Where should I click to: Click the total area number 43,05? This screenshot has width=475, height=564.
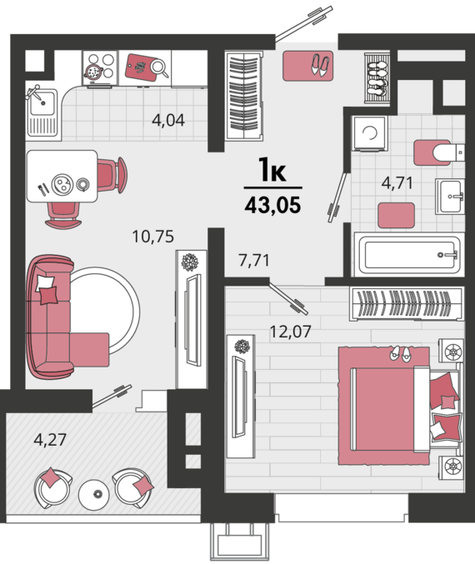(x=272, y=206)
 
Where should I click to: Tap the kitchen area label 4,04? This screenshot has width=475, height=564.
(x=168, y=120)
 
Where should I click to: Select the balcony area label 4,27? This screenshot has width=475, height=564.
(x=50, y=440)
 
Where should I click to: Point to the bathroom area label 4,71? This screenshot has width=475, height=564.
(x=397, y=182)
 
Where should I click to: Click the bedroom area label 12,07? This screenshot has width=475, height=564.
(x=290, y=332)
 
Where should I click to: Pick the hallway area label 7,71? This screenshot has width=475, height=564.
(x=254, y=260)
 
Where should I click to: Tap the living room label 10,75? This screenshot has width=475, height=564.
(x=153, y=237)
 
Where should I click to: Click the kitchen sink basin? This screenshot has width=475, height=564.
(x=42, y=102)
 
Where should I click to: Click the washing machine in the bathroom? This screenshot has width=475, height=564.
(x=370, y=133)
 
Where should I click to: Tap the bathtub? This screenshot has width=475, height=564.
(x=409, y=255)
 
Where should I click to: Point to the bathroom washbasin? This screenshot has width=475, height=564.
(x=450, y=196)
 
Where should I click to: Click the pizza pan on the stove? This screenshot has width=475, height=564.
(x=93, y=72)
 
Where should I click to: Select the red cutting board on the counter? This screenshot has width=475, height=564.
(x=141, y=67)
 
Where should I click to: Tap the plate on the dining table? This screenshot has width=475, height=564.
(x=62, y=184)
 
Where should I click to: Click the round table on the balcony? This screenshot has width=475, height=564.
(x=93, y=494)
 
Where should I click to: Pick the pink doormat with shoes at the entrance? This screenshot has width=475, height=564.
(x=307, y=66)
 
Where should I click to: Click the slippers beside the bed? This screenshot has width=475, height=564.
(x=400, y=353)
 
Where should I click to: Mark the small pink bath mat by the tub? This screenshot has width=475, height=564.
(x=396, y=215)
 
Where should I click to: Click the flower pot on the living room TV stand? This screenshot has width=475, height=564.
(x=190, y=262)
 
